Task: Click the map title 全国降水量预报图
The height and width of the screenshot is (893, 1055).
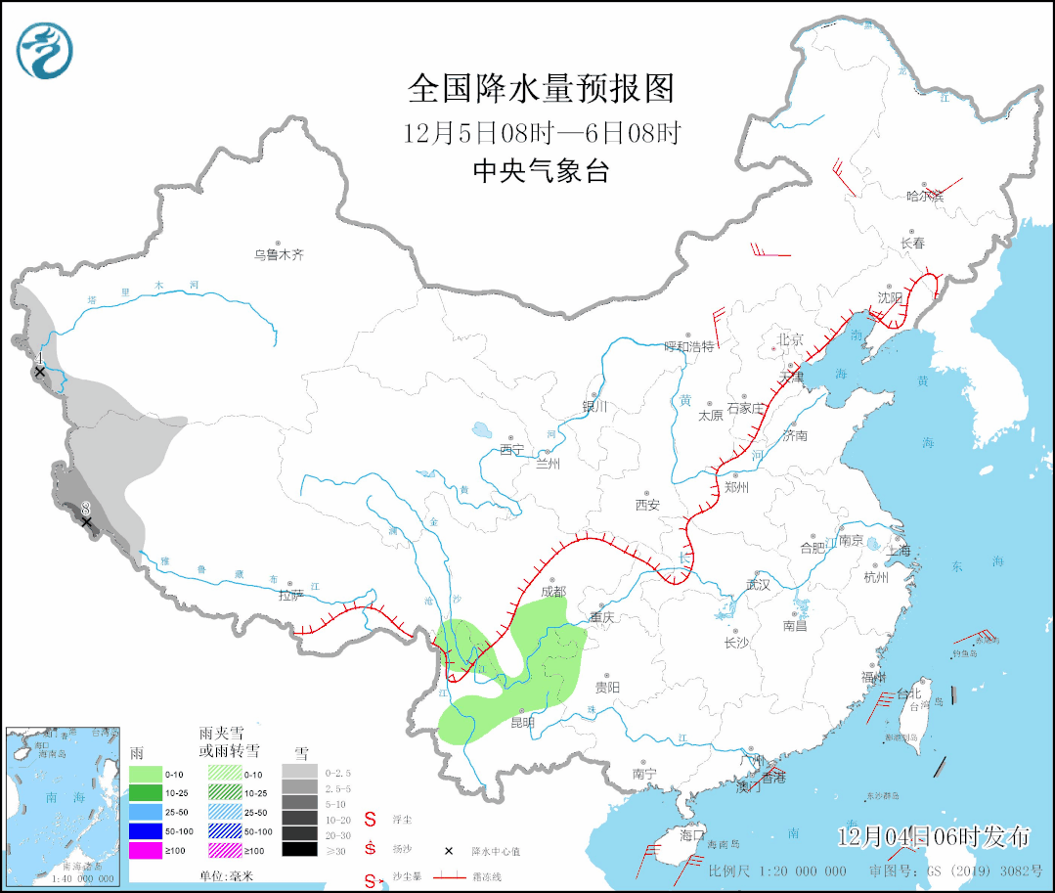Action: pyautogui.click(x=541, y=89)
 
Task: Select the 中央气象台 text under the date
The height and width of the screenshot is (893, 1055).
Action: pyautogui.click(x=541, y=172)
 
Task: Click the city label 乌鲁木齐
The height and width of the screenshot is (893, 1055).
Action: pyautogui.click(x=280, y=254)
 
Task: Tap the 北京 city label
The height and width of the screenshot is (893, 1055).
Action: pyautogui.click(x=789, y=339)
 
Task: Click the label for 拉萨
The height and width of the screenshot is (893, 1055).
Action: pyautogui.click(x=291, y=594)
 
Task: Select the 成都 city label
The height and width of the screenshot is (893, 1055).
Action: pyautogui.click(x=552, y=591)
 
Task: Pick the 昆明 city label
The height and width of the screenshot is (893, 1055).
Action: pyautogui.click(x=524, y=723)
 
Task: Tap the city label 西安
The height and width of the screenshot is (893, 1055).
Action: pyautogui.click(x=647, y=505)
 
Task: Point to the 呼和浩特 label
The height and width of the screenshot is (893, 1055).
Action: pyautogui.click(x=689, y=346)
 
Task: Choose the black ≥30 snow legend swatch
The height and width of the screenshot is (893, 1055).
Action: pyautogui.click(x=300, y=850)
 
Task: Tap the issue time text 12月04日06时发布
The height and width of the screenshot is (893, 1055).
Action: pyautogui.click(x=934, y=836)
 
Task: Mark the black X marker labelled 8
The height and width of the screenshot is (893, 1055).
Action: pyautogui.click(x=86, y=522)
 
